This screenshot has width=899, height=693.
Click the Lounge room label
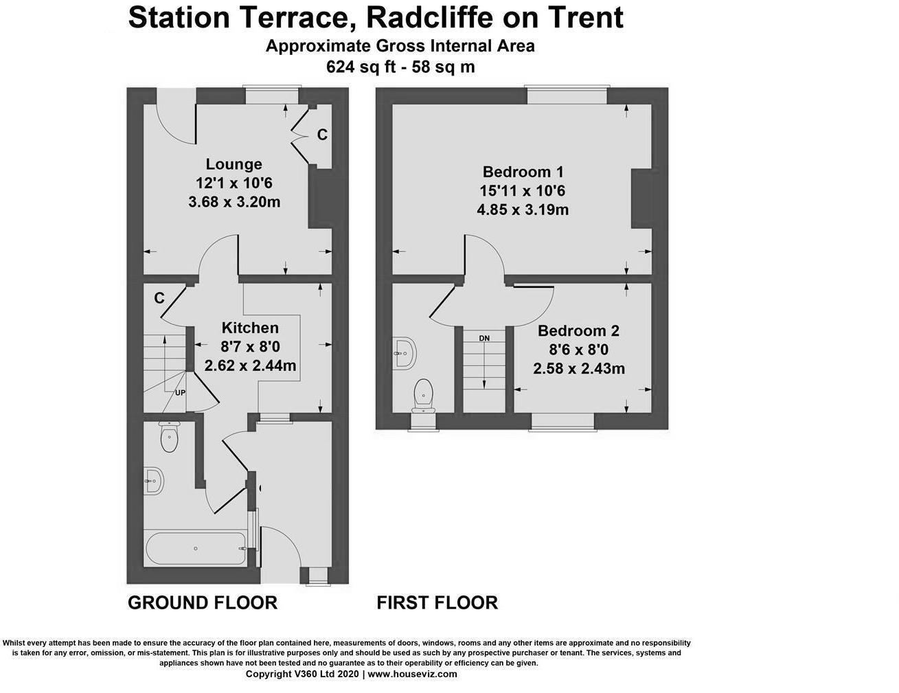[x=234, y=164]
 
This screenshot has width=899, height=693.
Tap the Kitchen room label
[x=250, y=328]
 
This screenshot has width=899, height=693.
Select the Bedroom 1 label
[x=523, y=172]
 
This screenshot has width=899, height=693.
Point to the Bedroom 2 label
[x=578, y=331]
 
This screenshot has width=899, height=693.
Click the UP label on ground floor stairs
[x=180, y=393]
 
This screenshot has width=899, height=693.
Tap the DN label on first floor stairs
[x=484, y=338]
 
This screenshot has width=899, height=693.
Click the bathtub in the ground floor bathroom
[x=196, y=549]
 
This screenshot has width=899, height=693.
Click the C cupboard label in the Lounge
[x=321, y=135]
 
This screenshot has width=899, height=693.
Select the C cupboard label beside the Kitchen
[x=159, y=298]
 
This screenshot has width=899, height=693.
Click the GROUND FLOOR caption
[x=203, y=602]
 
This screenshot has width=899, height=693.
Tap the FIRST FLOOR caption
[x=437, y=602]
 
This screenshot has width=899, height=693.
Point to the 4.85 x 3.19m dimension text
[x=523, y=209]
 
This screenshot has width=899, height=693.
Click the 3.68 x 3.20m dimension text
[x=234, y=202]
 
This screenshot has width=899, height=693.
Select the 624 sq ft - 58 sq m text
[x=400, y=67]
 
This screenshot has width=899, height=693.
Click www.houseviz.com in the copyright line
[x=412, y=674]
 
